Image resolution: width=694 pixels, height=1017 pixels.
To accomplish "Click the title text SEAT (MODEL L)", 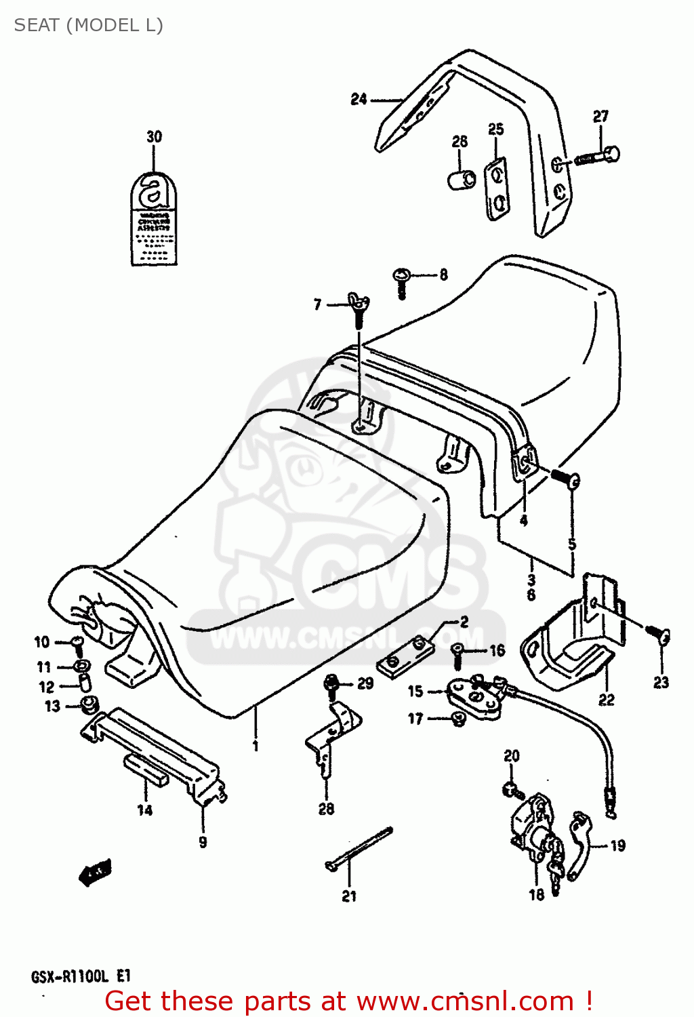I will pos(88,25).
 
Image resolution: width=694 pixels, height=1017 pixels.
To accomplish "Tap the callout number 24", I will pos(359,99).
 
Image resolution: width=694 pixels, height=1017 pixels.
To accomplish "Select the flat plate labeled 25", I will pos(497,189).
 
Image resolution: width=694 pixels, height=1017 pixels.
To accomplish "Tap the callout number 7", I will pos(317,305).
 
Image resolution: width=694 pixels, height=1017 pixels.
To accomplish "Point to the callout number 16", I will pos(497,650).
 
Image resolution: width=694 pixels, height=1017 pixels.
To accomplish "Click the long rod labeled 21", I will pos(359,848).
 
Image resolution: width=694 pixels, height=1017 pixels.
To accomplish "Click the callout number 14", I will pos(145,810).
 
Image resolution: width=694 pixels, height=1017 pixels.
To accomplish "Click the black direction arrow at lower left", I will pos(95,873).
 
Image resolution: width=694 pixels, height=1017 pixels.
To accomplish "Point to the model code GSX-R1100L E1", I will pos(80,977).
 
